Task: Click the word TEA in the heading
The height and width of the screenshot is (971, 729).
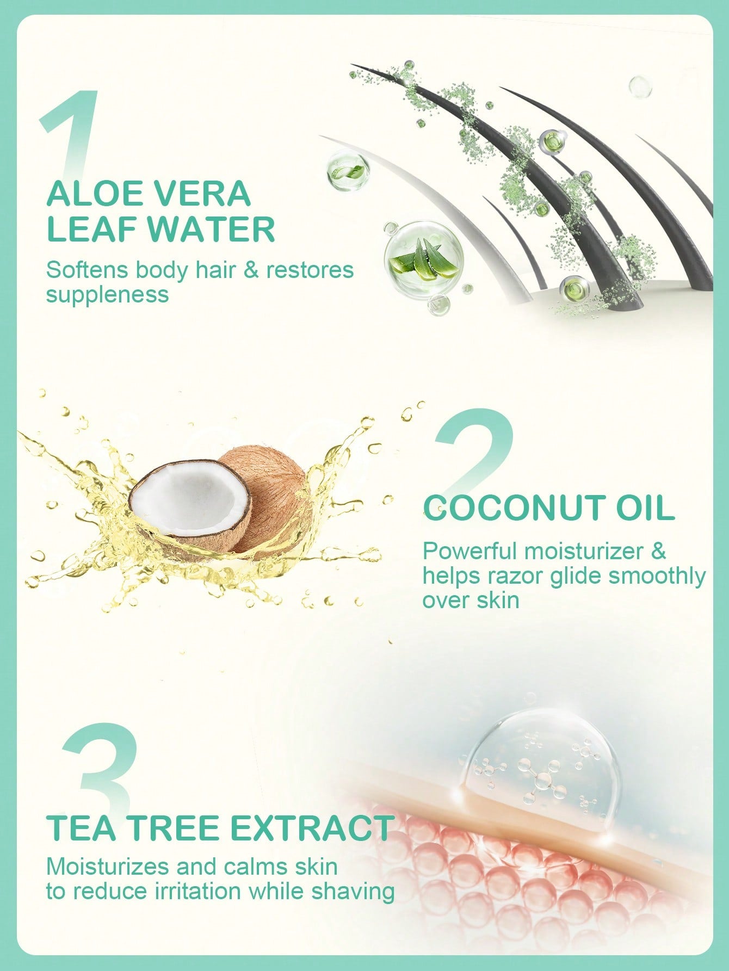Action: click(x=83, y=828)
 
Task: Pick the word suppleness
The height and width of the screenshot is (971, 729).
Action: click(x=108, y=295)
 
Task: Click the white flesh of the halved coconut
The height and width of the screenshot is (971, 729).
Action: click(x=190, y=494)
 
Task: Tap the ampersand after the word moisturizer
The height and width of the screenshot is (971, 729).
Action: click(x=658, y=551)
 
